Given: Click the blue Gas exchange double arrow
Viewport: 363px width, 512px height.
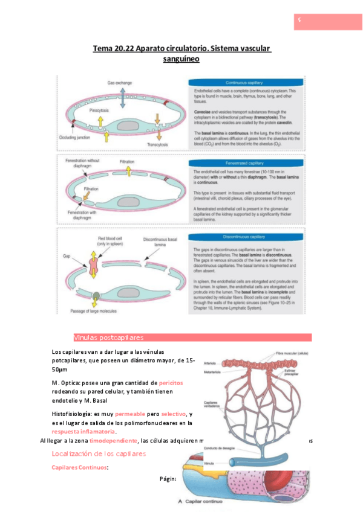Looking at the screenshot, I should tap(123, 97).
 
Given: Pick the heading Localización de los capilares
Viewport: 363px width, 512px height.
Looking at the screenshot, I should tap(99, 453).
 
